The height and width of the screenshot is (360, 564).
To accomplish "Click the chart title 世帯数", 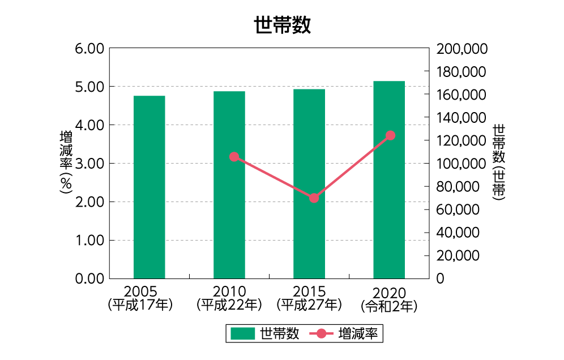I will [x=282, y=25].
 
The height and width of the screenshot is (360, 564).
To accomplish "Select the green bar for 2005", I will [x=149, y=187].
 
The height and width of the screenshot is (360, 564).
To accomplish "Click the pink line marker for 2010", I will [x=234, y=157].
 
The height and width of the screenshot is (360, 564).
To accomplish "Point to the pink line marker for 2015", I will [x=314, y=198].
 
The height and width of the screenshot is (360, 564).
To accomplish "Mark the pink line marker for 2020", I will [x=390, y=135].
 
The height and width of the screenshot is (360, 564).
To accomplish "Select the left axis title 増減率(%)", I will [x=66, y=163].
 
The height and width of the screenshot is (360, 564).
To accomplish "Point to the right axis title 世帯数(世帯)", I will [x=498, y=163].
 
